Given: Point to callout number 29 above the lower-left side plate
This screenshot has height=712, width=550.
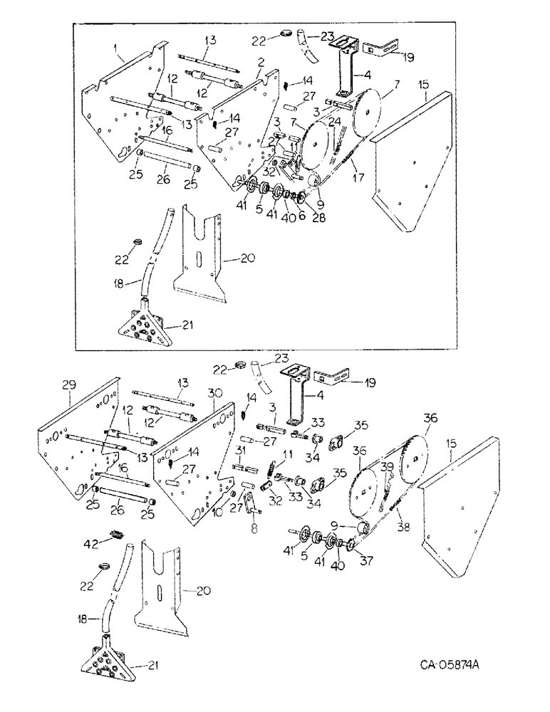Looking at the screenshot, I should click(x=68, y=384).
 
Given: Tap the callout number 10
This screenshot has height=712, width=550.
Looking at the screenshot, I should click(x=217, y=511).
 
